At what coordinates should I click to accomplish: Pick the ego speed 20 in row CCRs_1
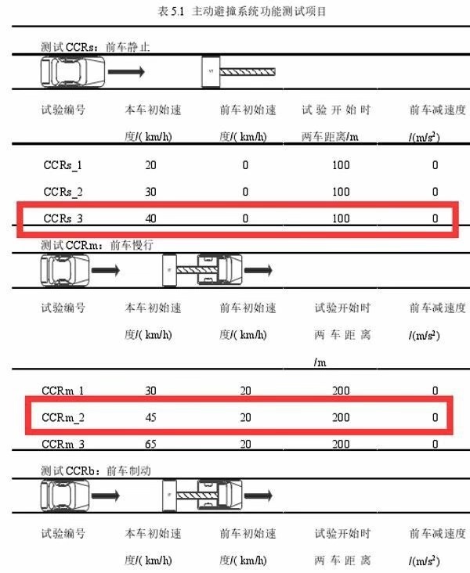tap(151, 165)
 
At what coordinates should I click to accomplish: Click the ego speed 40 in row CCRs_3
tap(151, 218)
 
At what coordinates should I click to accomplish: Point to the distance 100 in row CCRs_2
tap(341, 192)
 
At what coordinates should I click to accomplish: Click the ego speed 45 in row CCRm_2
tap(151, 417)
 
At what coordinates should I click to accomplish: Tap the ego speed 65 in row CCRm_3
tap(151, 444)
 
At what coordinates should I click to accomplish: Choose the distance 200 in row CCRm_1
tap(341, 390)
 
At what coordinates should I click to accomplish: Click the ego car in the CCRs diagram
tap(69, 73)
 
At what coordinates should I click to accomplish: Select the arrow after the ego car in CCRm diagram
tap(106, 271)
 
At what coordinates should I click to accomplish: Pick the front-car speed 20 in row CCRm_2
tap(245, 417)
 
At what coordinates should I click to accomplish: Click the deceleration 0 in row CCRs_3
tap(435, 218)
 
